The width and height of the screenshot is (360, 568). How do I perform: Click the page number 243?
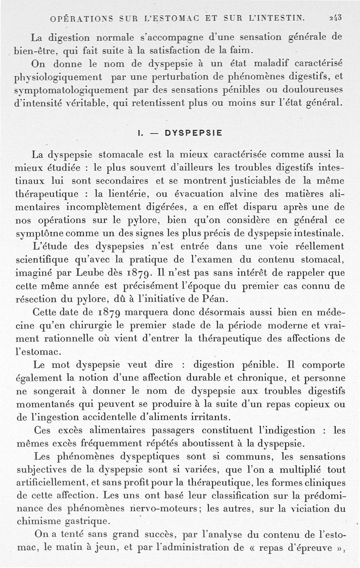[x=335, y=18]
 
